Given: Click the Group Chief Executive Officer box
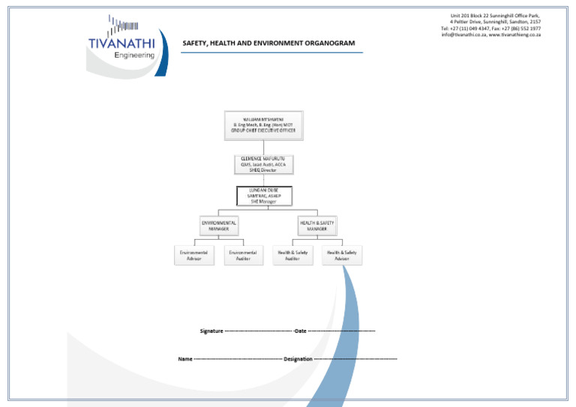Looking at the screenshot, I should (x=262, y=124).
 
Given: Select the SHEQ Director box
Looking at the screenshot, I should (x=263, y=164).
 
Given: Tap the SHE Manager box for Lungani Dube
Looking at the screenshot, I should (x=263, y=196).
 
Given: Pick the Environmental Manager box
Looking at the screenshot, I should (x=218, y=226).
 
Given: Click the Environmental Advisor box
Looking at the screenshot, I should (x=195, y=256).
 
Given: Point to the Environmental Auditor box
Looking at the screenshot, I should (x=243, y=256).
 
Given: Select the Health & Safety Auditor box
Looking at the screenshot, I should (x=292, y=256).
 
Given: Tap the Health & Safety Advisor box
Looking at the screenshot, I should (x=342, y=256).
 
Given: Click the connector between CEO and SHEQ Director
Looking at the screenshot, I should (x=263, y=146).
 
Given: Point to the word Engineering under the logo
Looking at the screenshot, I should (x=135, y=55).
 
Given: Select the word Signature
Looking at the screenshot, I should (x=211, y=331).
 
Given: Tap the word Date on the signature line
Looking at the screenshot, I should (x=301, y=331).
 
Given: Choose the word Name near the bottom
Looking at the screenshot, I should (x=184, y=359).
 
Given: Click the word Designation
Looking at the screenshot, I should (x=298, y=359).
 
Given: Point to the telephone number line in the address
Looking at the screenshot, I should (x=491, y=28).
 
